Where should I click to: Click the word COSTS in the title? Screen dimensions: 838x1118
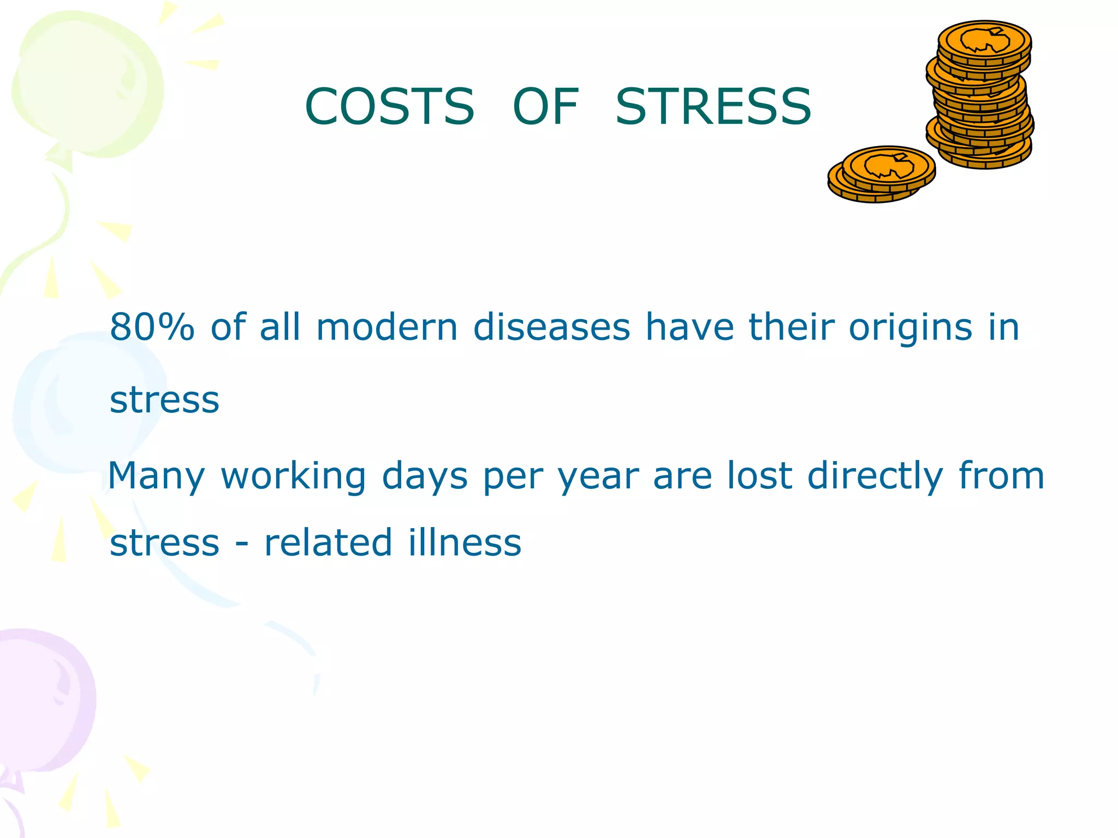point(389,106)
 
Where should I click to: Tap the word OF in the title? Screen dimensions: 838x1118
point(545,106)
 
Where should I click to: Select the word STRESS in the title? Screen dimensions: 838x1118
point(713,106)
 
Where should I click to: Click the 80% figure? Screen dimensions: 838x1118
point(152,327)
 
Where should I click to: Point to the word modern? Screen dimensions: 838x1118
point(386,327)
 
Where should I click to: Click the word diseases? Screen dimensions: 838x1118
point(551,327)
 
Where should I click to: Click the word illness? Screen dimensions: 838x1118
point(465,543)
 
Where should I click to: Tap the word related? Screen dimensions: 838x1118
point(328,543)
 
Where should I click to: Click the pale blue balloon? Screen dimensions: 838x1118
point(82,404)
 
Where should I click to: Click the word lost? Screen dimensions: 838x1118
point(759,476)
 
